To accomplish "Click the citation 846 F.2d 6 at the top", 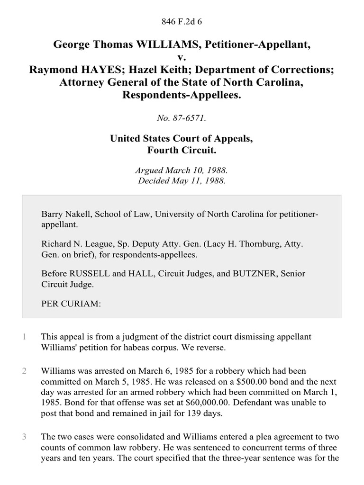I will (x=182, y=21).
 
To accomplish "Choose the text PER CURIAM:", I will (x=71, y=304).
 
